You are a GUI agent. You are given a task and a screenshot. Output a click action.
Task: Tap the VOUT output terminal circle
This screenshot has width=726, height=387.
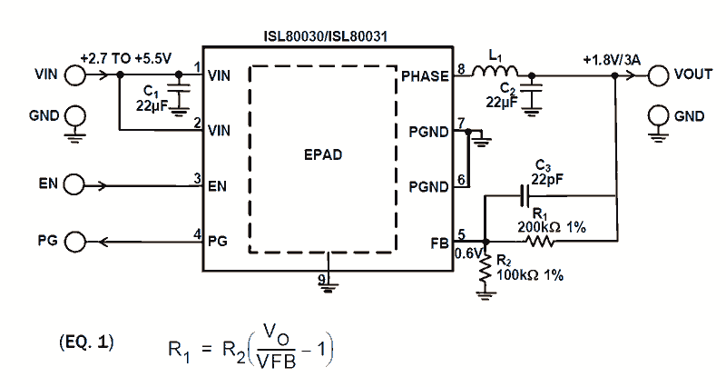click(658, 75)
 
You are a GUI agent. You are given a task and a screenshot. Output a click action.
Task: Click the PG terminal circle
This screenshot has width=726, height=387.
click(74, 242)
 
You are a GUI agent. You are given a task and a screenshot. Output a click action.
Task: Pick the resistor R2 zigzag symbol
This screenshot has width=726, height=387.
click(487, 270)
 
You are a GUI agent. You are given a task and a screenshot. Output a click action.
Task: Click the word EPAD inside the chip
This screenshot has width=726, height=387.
click(324, 154)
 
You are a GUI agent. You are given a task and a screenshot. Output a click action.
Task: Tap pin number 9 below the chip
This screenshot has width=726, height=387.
click(322, 279)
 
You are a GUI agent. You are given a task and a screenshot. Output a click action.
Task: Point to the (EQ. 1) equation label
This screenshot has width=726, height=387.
click(85, 342)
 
